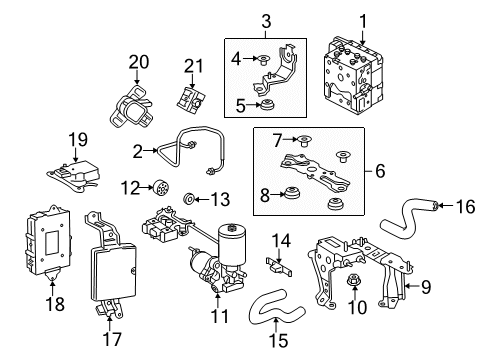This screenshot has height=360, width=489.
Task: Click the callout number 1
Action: coord(362,21)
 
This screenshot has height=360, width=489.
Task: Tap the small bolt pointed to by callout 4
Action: coord(265,60)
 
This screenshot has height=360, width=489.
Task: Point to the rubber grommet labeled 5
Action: coord(268,105)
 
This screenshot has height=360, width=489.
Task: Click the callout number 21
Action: coord(194,66)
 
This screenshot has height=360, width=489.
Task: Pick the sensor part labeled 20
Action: coord(131,107)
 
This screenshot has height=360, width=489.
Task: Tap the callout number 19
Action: coord(78,140)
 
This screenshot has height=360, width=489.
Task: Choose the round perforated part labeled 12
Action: coord(163,188)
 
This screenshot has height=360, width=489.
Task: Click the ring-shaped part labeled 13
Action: coord(189,198)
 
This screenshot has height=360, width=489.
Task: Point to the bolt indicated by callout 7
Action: coord(304,140)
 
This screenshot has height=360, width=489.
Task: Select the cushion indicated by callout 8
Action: coord(293,193)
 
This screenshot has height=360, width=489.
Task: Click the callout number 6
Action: coord(380,171)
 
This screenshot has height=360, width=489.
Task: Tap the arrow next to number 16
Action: coord(446,206)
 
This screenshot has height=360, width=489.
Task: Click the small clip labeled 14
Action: coord(279,266)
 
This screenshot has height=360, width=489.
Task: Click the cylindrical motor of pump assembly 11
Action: coord(232,244)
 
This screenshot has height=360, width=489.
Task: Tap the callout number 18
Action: coord(55,304)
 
